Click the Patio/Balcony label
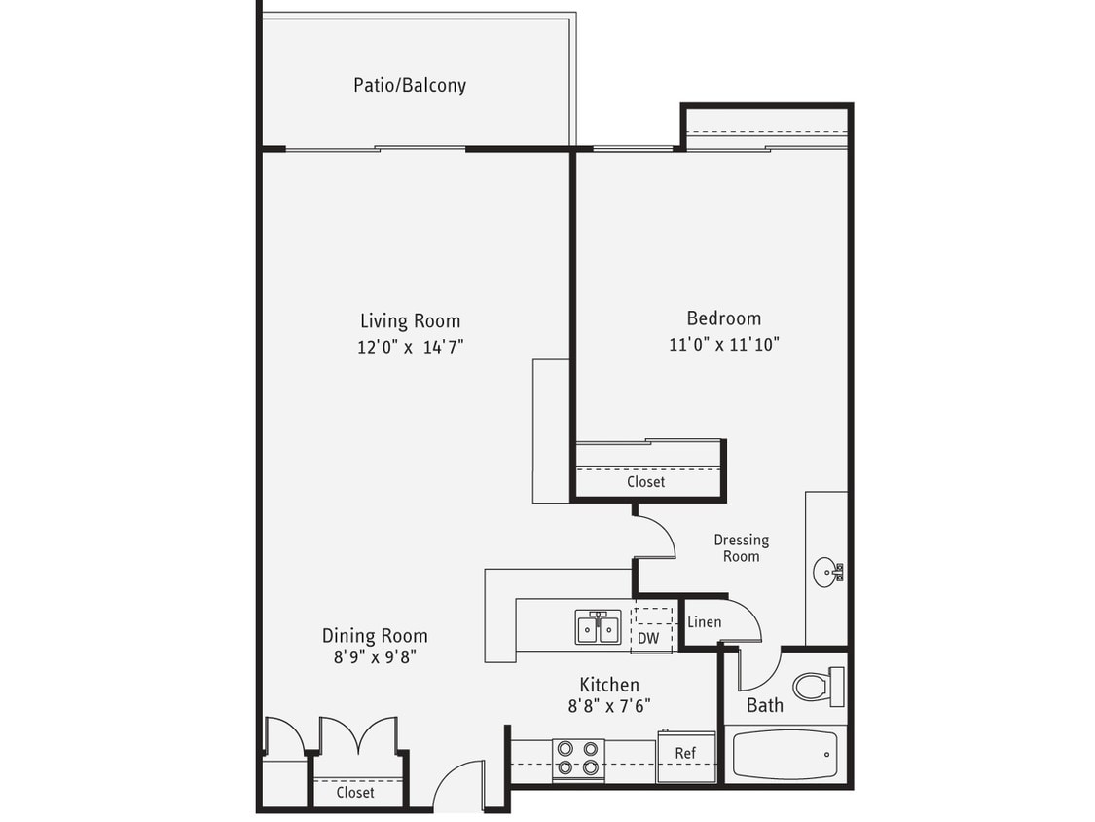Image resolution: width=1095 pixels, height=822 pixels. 409,85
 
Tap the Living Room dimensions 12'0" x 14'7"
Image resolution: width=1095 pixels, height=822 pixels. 410,347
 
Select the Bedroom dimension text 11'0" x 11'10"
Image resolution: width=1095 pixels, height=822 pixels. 724,344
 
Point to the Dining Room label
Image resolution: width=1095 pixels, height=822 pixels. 375,636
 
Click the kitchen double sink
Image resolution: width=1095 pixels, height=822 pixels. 598,628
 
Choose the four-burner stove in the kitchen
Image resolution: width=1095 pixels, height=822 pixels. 578,759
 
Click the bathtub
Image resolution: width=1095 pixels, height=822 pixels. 785,755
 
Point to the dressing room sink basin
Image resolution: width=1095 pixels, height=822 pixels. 825,570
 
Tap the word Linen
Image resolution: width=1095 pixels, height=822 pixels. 704,622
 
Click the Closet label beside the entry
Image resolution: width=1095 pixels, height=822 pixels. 354,793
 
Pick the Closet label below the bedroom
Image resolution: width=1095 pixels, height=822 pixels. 645,481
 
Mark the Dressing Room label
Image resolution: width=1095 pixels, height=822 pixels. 741,547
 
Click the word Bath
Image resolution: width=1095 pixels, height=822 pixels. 764,705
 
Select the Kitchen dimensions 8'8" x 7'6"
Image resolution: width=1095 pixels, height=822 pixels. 609,707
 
